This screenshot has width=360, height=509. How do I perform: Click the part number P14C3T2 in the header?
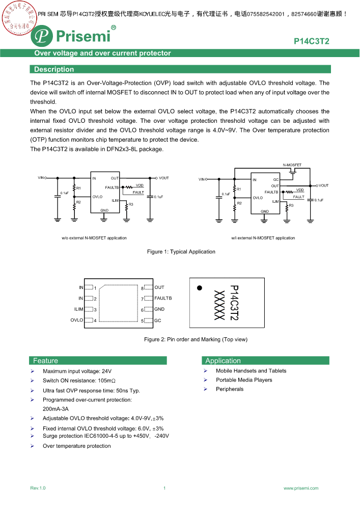tap(311, 41)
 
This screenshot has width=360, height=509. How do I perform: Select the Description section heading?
tap(54, 69)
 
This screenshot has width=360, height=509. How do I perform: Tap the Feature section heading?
tap(46, 361)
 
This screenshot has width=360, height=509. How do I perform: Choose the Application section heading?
tap(223, 361)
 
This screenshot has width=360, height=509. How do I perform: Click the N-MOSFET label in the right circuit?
tap(292, 165)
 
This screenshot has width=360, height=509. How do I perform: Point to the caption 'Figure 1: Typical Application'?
tap(181, 252)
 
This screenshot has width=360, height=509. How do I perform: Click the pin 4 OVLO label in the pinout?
tap(77, 320)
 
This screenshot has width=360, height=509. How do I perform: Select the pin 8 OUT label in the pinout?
tap(159, 287)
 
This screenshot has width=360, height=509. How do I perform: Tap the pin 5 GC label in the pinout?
tap(158, 320)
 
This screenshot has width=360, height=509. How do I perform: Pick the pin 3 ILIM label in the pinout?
tap(78, 309)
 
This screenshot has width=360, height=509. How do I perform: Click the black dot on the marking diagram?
tap(200, 288)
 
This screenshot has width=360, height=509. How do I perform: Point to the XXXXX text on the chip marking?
tap(219, 305)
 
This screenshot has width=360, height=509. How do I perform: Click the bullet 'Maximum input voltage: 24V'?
tap(77, 371)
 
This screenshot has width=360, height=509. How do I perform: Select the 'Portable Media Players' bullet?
tap(244, 380)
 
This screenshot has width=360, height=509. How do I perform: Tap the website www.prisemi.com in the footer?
tap(301, 488)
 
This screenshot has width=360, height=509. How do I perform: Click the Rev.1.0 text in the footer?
tap(38, 488)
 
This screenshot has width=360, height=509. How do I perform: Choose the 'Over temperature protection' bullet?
tap(76, 446)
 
